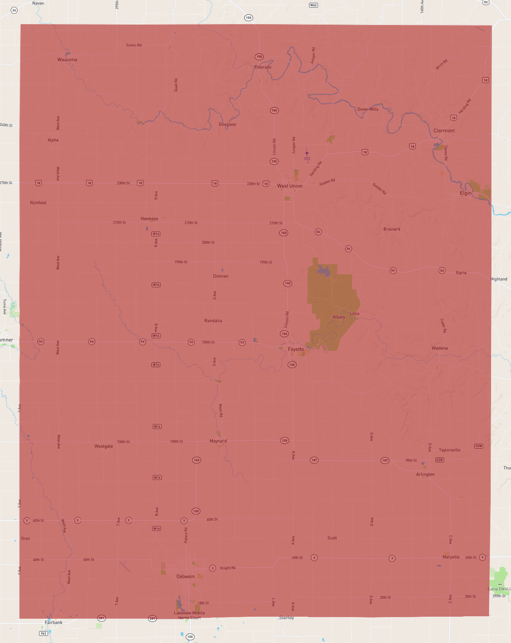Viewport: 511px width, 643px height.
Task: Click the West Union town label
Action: tap(290, 186)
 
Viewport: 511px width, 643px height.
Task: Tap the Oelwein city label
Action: tap(186, 577)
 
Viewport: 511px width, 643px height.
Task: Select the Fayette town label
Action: tap(296, 349)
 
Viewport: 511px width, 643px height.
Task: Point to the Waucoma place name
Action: tap(67, 60)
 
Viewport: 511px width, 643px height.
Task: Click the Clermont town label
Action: tap(444, 131)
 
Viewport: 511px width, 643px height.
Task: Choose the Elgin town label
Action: tap(466, 193)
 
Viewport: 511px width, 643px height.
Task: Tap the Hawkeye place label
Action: tap(149, 219)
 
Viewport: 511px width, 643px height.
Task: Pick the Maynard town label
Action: tap(218, 441)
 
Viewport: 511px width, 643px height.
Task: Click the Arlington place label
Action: tap(425, 474)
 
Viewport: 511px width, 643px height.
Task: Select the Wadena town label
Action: tap(440, 348)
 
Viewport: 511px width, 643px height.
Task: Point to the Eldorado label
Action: tap(263, 67)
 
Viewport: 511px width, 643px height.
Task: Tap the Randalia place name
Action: tap(213, 321)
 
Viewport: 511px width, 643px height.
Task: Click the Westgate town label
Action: tap(104, 446)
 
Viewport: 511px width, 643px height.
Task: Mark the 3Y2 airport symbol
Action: tap(307, 153)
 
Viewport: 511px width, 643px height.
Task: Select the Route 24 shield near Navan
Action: tap(14, 10)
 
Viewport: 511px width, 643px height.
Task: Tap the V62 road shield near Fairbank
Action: tap(43, 633)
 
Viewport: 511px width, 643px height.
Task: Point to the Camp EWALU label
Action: tap(499, 589)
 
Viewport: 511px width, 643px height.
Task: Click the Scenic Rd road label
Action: tap(134, 45)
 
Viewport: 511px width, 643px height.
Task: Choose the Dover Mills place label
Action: tap(368, 109)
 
